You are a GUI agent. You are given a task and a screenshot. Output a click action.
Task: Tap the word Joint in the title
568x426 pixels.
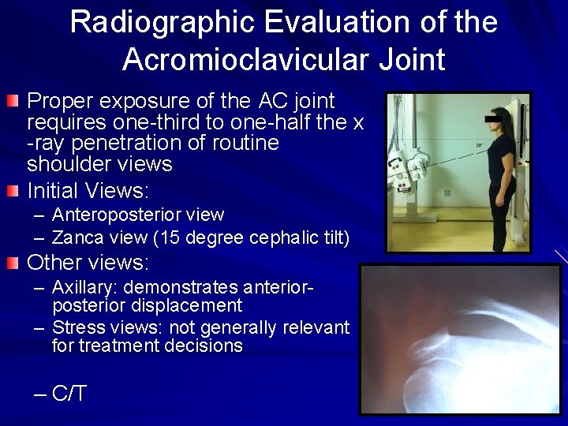click(x=409, y=59)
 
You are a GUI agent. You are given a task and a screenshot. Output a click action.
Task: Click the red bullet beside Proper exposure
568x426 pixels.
click(x=13, y=101)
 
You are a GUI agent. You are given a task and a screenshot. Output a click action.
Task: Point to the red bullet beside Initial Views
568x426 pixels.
click(x=13, y=191)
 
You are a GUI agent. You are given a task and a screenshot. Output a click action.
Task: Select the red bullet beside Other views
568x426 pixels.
click(x=13, y=262)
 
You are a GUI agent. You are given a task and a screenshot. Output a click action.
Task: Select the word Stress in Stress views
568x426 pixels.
click(x=75, y=327)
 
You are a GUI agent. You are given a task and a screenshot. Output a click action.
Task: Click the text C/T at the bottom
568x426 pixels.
click(x=69, y=394)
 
